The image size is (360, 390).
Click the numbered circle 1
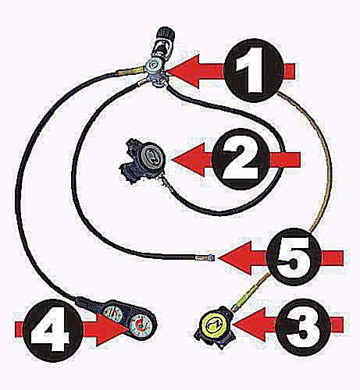(x=253, y=69)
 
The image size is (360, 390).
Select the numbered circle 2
(x=241, y=159)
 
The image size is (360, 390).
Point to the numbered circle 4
(x=53, y=329)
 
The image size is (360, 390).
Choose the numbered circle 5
(x=294, y=257)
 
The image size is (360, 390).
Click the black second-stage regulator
(x=143, y=161)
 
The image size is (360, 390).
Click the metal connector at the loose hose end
(x=205, y=257)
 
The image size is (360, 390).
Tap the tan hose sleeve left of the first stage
(x=130, y=71)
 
